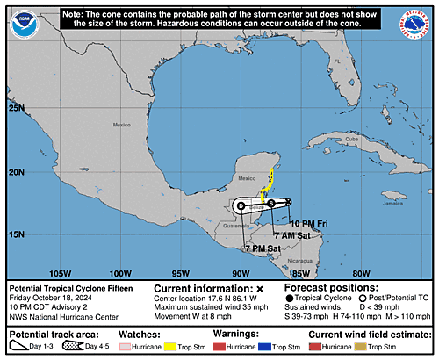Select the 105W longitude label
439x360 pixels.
(60, 272)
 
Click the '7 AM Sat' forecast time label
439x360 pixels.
(290, 235)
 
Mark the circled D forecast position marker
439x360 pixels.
(241, 205)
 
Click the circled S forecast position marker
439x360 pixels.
(271, 203)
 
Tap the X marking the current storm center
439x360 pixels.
(288, 202)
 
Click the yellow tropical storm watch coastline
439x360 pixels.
(271, 167)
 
